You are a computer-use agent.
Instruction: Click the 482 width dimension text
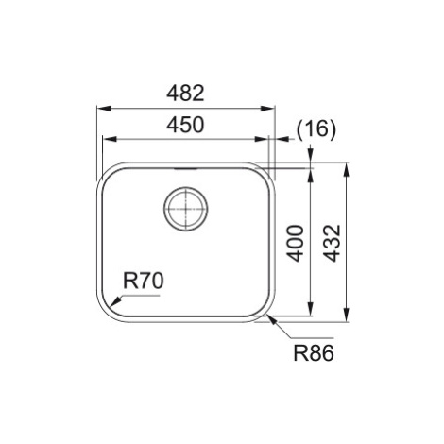(185, 94)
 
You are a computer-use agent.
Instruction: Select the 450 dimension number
(185, 125)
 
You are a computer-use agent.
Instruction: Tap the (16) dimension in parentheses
(316, 129)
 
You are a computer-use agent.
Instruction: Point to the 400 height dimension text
(296, 243)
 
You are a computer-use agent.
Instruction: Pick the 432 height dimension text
(333, 243)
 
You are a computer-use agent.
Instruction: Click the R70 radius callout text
(144, 281)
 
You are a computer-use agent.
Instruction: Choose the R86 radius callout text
(314, 353)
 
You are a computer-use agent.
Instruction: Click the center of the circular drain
(186, 209)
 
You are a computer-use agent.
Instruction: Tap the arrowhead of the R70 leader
(116, 301)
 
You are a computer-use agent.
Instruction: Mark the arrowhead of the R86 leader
(271, 319)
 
